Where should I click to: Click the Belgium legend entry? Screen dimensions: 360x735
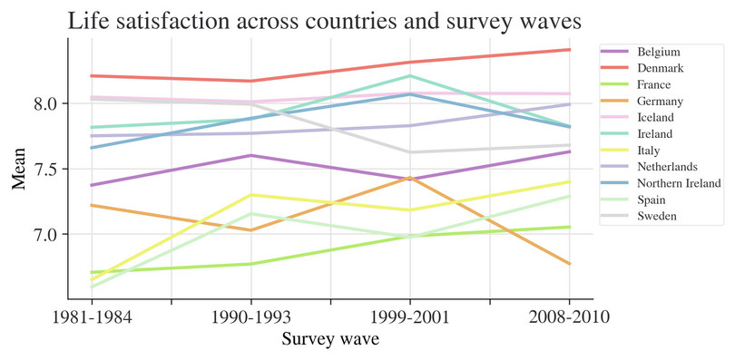coord(658,52)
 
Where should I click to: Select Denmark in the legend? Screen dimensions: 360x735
coord(660,68)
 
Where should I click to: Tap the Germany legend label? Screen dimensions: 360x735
coord(660,101)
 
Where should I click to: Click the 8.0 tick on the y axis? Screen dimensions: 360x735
coord(44,103)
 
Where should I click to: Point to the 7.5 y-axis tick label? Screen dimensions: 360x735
coord(44,169)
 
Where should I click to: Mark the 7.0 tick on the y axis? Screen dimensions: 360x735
coord(44,234)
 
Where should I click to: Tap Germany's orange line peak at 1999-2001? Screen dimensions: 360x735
coord(410,178)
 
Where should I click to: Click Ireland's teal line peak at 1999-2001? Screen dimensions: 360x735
coord(410,75)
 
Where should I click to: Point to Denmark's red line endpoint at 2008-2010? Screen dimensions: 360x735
coord(569,50)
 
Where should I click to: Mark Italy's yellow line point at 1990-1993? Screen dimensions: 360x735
coord(250,195)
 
